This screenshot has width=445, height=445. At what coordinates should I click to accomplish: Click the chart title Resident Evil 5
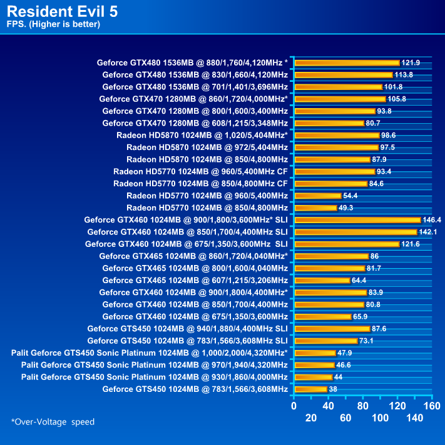point(63,11)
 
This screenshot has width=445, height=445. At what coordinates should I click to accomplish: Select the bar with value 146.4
point(357,220)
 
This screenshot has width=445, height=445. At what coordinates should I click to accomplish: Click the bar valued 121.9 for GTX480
point(347,62)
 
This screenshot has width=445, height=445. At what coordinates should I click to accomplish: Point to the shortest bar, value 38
point(310,389)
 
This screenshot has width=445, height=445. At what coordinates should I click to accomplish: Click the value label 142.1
point(429,232)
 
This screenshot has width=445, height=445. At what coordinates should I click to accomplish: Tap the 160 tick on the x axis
point(432,405)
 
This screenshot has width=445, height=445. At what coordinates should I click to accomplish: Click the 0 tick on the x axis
point(294,405)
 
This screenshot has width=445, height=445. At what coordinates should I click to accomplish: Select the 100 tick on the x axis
point(380,417)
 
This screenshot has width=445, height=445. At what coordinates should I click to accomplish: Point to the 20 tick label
point(311,417)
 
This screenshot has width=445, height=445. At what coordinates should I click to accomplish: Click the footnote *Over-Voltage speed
point(53,422)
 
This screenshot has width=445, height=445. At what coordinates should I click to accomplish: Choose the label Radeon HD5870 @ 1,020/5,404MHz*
point(202,135)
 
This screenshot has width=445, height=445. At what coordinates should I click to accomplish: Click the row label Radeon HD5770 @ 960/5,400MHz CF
point(200,171)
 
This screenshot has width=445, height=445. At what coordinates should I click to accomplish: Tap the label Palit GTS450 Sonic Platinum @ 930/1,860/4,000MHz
point(154,377)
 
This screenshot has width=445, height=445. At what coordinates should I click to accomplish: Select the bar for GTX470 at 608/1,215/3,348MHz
point(329,123)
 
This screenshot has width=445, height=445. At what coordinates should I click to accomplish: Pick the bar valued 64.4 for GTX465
point(322,280)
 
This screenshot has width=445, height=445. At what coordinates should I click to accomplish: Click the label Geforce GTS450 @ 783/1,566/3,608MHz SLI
point(187,341)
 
